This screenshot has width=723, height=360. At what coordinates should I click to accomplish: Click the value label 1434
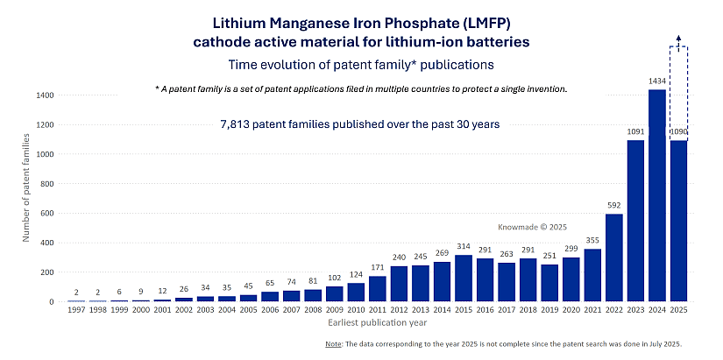tap(656, 81)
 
